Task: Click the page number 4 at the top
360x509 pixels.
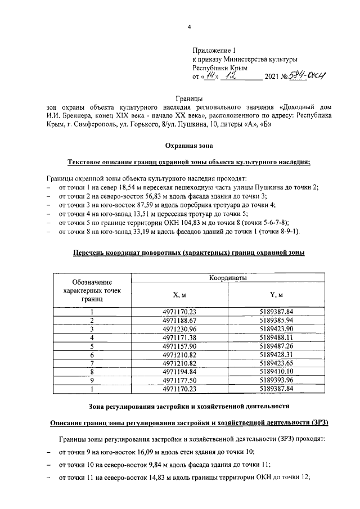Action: [189, 26]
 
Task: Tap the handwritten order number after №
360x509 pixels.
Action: [308, 75]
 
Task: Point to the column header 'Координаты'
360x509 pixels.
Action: [228, 278]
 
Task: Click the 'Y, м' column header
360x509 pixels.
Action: [276, 295]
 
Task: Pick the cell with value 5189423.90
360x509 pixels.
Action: [276, 328]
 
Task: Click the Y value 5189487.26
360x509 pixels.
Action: [276, 345]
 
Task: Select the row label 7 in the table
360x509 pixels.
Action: [92, 363]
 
